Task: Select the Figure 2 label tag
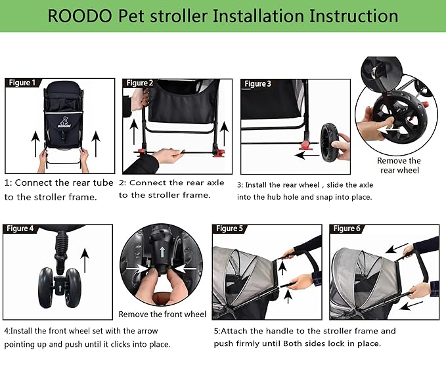pyautogui.click(x=140, y=83)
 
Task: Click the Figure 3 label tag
pyautogui.click(x=257, y=84)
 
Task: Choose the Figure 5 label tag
pyautogui.click(x=229, y=228)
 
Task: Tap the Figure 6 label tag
pyautogui.click(x=347, y=228)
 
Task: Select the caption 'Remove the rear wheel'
pyautogui.click(x=399, y=165)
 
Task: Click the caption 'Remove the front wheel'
pyautogui.click(x=162, y=315)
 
